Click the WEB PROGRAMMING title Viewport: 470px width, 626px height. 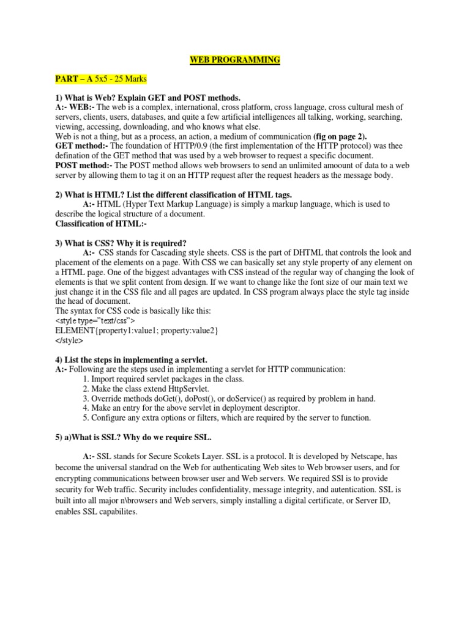click(235, 60)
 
